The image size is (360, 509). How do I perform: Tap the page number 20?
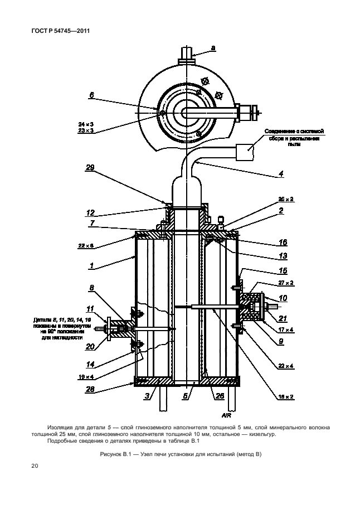point(34,466)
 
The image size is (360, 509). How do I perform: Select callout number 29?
point(90,167)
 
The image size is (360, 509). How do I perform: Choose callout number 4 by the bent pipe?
point(281,174)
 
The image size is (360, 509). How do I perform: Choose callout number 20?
point(90,346)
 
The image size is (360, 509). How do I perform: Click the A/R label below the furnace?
point(226,415)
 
